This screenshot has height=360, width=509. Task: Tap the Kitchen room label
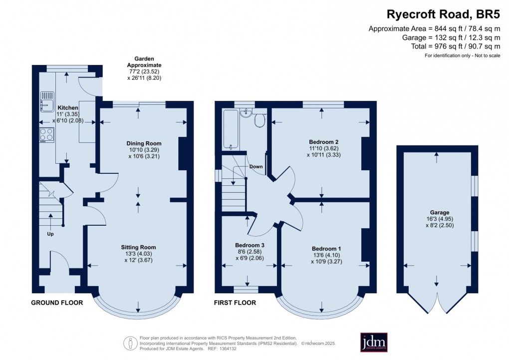point(68,108)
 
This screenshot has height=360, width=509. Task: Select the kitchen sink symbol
point(46,104)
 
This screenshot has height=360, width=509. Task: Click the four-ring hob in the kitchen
point(46,135)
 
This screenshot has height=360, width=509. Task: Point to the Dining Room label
point(144,143)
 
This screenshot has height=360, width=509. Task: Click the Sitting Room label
point(138,247)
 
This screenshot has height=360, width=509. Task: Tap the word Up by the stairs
point(50,234)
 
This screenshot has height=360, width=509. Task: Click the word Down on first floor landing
point(256,166)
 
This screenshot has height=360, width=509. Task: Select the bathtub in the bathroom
point(230,129)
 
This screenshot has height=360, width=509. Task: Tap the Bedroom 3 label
point(249,245)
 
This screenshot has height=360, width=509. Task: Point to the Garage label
point(437,212)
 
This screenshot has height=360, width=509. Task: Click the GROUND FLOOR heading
point(57,303)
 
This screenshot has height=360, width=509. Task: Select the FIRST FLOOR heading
point(235,303)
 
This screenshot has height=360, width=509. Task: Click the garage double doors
point(437,302)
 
